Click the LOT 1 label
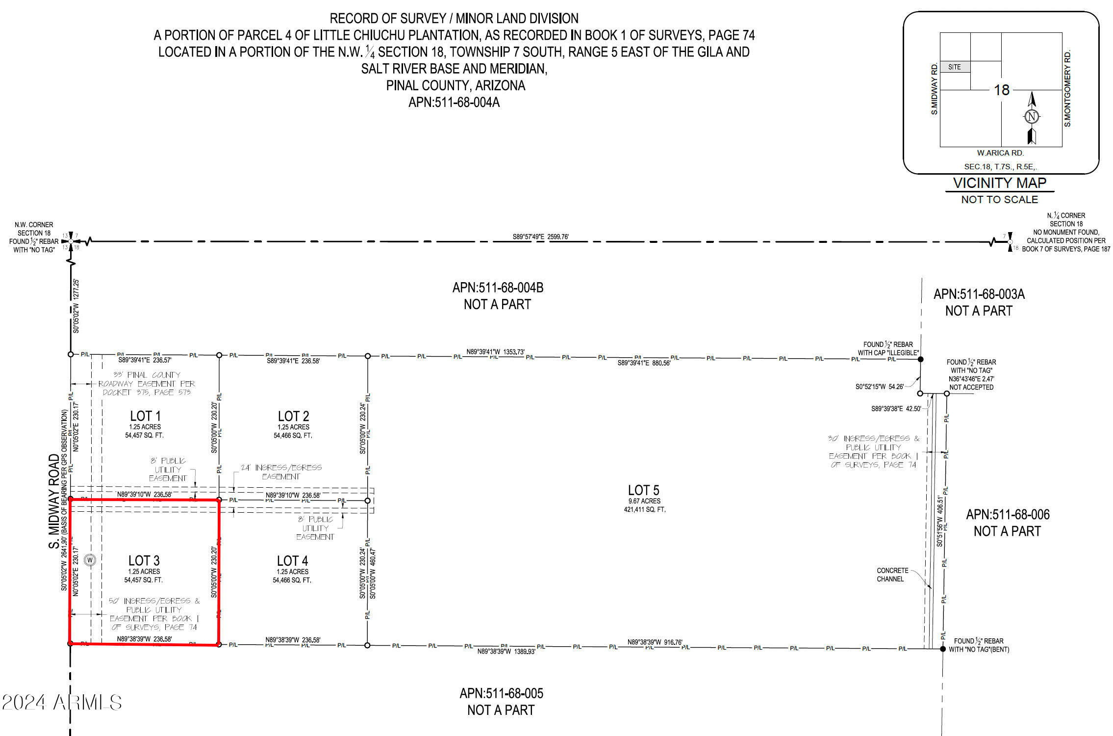[x=145, y=416]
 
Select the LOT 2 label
[x=293, y=416]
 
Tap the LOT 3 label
[x=144, y=561]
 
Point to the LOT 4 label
[x=292, y=561]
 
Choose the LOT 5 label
[x=643, y=490]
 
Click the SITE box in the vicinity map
[x=954, y=67]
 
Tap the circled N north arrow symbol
[x=1032, y=117]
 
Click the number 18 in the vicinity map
[x=1001, y=90]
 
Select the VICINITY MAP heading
[x=999, y=183]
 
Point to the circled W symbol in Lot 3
[x=90, y=560]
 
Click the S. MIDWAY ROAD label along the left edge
[x=54, y=501]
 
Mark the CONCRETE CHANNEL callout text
[x=892, y=575]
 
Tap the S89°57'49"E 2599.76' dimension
[x=540, y=237]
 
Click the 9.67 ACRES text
[x=644, y=501]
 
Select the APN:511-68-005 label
[x=501, y=693]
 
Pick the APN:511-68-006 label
[x=1008, y=515]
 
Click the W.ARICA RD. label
[x=1000, y=153]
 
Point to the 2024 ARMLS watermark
[x=62, y=703]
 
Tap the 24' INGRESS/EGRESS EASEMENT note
[x=281, y=472]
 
